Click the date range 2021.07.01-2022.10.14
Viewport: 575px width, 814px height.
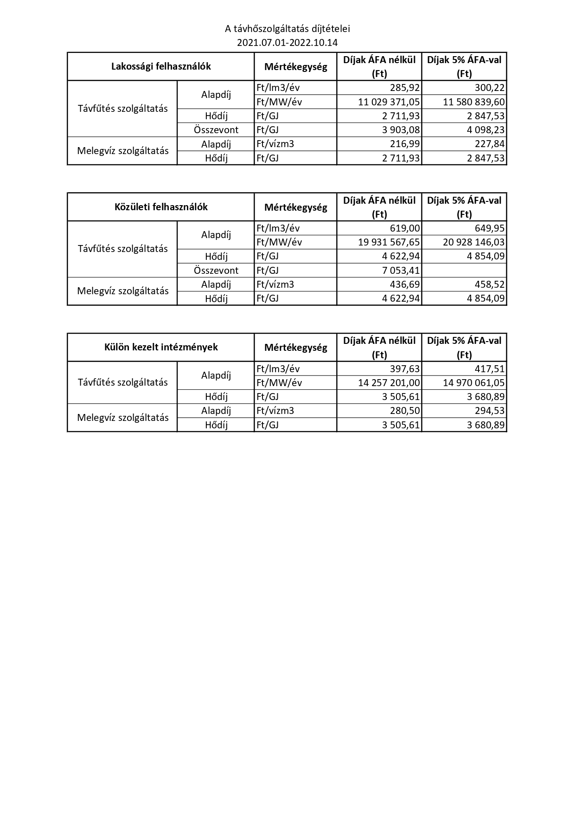coord(287,43)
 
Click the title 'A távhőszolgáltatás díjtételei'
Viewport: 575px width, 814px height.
coord(287,29)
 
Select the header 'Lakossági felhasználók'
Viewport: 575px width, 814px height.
coord(161,66)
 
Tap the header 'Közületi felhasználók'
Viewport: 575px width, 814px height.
coord(161,207)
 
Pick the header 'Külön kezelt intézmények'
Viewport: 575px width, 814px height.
coord(161,347)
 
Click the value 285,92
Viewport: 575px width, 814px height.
coord(404,88)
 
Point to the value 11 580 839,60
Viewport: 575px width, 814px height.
coord(474,102)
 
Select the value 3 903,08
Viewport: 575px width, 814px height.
coord(401,130)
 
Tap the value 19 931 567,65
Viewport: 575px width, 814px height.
coord(389,242)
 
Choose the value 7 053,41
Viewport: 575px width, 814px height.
coord(401,271)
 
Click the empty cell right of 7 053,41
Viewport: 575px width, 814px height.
coord(464,271)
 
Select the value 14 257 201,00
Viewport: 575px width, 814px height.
coord(389,383)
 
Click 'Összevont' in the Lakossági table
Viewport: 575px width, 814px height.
coord(216,130)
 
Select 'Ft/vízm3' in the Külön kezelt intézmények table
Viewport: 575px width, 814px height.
coord(275,411)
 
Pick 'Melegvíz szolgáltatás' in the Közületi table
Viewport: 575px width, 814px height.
coord(123,291)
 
